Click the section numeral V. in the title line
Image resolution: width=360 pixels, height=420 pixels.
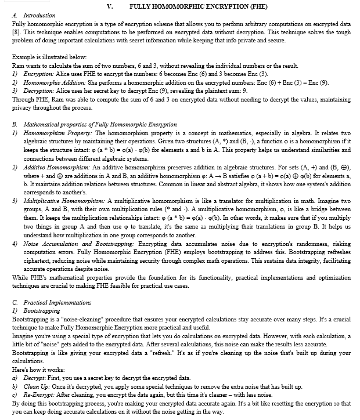[110, 5]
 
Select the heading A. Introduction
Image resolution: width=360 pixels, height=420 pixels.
[34, 15]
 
